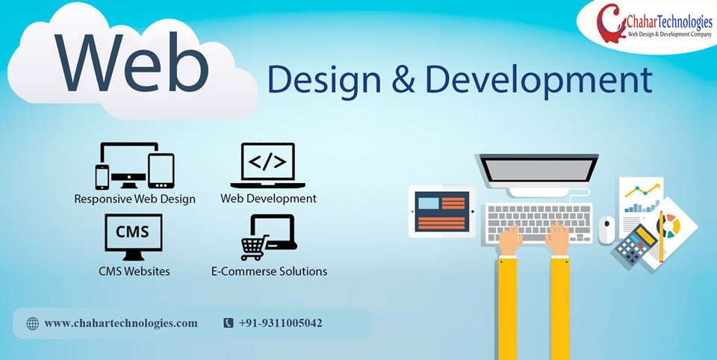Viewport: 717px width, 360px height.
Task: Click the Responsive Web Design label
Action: [135, 199]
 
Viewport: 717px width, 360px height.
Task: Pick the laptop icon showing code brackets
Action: [267, 165]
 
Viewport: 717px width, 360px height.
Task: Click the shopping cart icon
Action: [253, 247]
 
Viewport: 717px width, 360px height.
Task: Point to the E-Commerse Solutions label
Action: [269, 271]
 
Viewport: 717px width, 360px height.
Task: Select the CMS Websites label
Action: [134, 271]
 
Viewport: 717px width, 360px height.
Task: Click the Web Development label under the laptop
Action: [268, 199]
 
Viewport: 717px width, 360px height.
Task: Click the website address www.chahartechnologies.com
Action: [121, 323]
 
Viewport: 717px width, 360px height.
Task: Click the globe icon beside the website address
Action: [33, 323]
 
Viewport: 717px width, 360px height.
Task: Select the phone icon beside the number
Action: [229, 323]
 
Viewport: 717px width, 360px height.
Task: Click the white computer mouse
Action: [606, 229]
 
